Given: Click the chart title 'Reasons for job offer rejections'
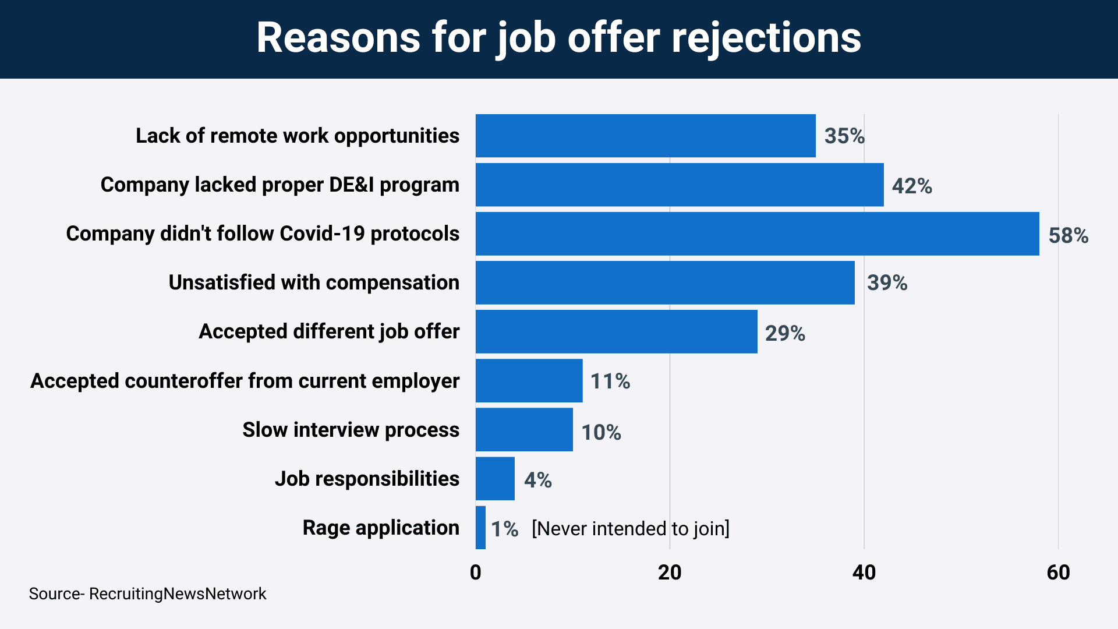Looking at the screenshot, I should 559,38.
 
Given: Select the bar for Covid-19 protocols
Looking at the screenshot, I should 757,234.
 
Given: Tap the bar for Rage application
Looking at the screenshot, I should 480,528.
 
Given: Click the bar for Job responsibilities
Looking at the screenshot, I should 495,479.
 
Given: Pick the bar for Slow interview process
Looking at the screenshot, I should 524,430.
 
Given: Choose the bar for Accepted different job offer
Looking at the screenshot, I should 616,331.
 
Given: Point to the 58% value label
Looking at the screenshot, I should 1068,235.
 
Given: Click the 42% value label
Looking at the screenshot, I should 912,186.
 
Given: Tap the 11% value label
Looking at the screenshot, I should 610,381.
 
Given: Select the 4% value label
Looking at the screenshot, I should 537,480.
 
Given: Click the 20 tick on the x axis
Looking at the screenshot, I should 670,573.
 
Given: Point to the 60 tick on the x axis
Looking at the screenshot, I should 1058,573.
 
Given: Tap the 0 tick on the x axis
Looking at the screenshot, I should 476,573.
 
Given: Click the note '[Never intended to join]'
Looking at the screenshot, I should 630,528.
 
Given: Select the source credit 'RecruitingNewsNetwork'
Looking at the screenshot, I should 177,593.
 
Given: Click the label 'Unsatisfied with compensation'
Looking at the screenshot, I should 314,282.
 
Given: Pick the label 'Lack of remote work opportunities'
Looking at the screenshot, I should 298,136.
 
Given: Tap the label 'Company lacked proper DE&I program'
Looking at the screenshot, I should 280,185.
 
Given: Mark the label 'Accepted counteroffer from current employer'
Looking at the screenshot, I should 245,381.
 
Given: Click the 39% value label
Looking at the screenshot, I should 887,282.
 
